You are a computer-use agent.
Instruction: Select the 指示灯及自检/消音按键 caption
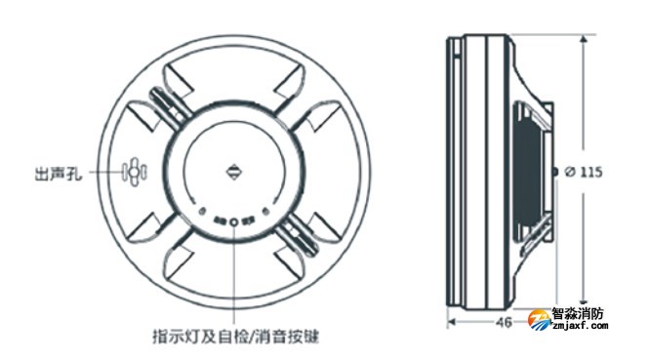235,337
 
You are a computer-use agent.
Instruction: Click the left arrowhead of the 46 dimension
451,319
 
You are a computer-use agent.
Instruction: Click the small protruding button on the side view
555,172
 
